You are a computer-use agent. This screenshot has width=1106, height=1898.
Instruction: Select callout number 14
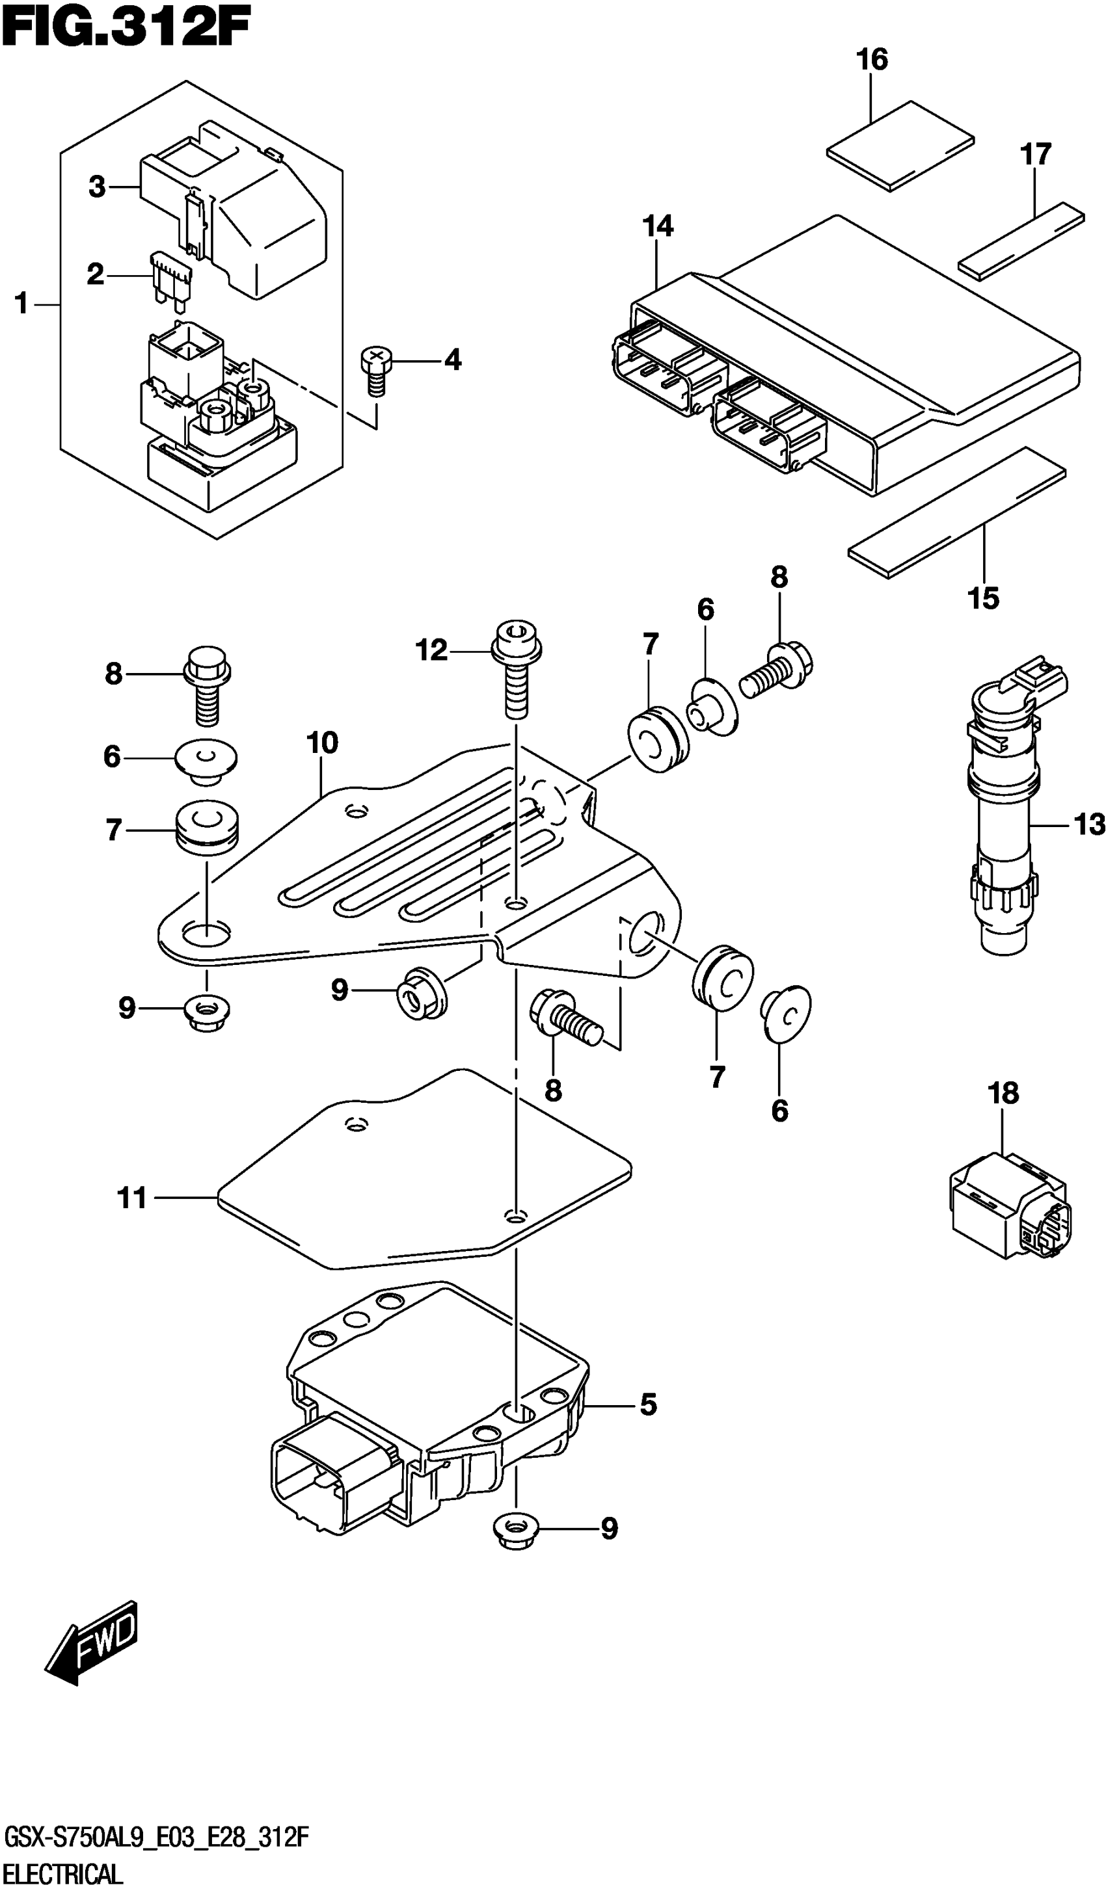[x=658, y=226]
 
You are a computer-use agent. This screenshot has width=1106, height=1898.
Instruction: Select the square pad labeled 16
[x=900, y=146]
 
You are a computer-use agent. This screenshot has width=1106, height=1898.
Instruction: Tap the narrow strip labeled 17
[x=1021, y=241]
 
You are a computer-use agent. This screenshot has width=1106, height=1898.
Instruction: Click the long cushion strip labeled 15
[x=957, y=512]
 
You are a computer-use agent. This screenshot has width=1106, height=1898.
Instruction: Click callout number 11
[x=132, y=1198]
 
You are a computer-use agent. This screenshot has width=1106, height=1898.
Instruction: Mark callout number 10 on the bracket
[x=323, y=743]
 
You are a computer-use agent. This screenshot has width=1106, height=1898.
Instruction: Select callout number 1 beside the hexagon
[x=21, y=304]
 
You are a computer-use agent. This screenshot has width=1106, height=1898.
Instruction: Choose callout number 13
[x=1090, y=824]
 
